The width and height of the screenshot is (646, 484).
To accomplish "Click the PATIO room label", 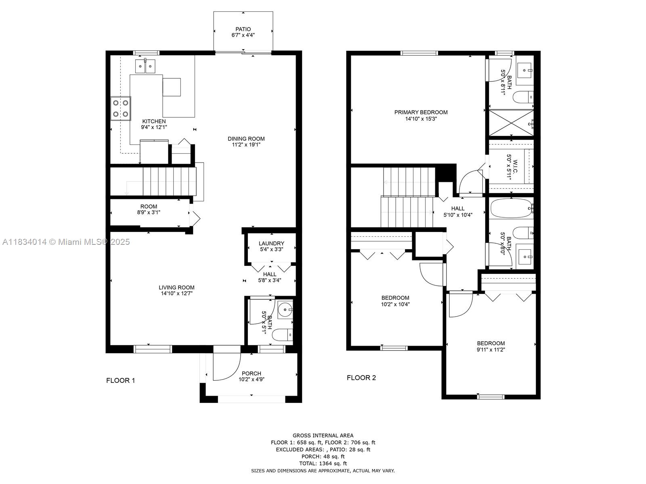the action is pyautogui.click(x=243, y=29).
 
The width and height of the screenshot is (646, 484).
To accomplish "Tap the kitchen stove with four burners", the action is pyautogui.click(x=121, y=108).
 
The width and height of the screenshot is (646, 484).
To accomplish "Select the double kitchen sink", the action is pyautogui.click(x=145, y=66).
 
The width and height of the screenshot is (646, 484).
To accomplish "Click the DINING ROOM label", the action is pyautogui.click(x=246, y=139).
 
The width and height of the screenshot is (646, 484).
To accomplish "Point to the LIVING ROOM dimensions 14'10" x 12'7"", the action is pyautogui.click(x=176, y=293).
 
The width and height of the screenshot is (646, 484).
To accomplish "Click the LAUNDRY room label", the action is pyautogui.click(x=271, y=243).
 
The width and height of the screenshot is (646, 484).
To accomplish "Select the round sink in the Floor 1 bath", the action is pyautogui.click(x=285, y=309).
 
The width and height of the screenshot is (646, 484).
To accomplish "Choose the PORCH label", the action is pyautogui.click(x=252, y=373).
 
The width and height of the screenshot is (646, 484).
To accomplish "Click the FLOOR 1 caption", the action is pyautogui.click(x=120, y=381).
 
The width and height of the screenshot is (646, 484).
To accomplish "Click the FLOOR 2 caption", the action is pyautogui.click(x=361, y=378).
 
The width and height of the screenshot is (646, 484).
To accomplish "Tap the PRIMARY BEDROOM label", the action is pyautogui.click(x=421, y=112).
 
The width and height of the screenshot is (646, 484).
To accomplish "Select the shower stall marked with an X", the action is pyautogui.click(x=511, y=123).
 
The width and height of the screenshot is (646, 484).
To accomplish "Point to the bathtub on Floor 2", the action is pyautogui.click(x=512, y=209).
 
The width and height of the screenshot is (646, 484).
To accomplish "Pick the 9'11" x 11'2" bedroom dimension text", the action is pyautogui.click(x=491, y=350).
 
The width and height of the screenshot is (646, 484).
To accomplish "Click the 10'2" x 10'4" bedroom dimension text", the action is pyautogui.click(x=395, y=305).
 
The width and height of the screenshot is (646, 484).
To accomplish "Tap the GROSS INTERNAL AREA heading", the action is pyautogui.click(x=323, y=436).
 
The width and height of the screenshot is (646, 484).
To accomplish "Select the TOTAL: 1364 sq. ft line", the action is pyautogui.click(x=323, y=463).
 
